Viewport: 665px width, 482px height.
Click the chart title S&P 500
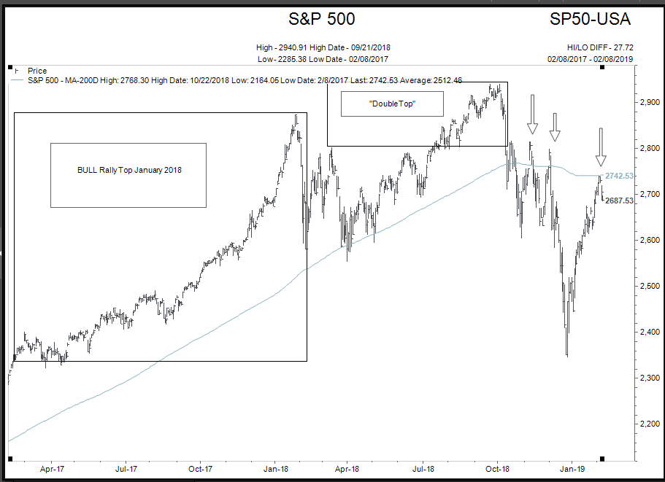[x=322, y=19]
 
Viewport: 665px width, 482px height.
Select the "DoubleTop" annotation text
[x=393, y=104]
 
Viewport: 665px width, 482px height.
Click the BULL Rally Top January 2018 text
[x=128, y=170]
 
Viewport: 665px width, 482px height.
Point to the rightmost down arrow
[x=601, y=147]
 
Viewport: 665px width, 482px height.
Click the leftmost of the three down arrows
[x=533, y=114]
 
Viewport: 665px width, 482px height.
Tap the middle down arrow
[x=555, y=128]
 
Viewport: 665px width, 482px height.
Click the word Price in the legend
[x=36, y=71]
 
